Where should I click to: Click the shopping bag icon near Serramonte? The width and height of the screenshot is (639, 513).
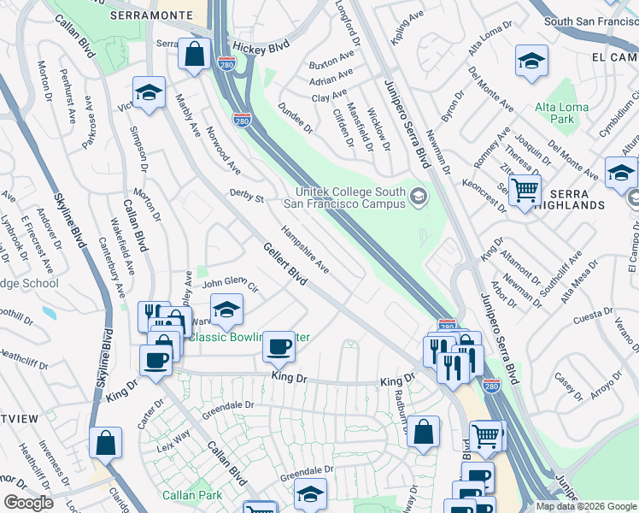196,54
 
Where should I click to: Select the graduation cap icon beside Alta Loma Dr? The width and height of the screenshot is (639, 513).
531,62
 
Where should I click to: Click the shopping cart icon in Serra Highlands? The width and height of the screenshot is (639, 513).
525,191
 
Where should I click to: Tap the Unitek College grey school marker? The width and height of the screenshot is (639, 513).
418,198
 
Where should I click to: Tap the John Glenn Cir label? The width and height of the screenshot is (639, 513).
230,283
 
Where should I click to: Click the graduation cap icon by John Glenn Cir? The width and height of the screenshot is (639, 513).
226,311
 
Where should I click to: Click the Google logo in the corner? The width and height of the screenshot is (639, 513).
27,503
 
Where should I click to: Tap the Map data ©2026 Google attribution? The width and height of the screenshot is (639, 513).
586,506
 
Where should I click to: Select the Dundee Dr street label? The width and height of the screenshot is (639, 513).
296,117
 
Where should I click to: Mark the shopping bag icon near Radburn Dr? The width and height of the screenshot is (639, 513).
423,433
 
